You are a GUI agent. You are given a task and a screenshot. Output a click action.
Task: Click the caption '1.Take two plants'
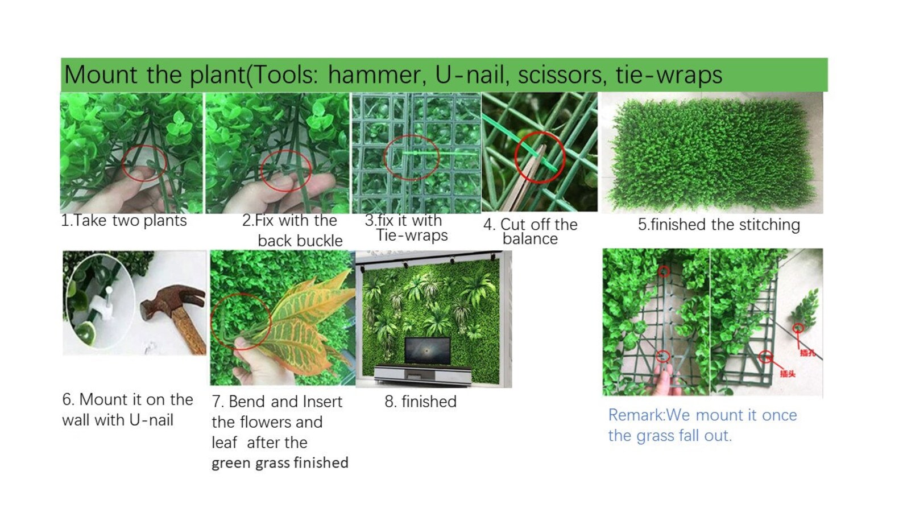124,221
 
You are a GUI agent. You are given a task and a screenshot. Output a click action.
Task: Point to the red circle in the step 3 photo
411,157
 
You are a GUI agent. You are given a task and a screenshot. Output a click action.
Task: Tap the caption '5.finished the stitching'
719,225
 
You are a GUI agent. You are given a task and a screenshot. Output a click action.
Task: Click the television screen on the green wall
428,352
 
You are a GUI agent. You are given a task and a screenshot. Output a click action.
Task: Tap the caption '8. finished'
420,402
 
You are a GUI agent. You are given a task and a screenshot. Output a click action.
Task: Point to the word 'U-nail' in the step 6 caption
151,420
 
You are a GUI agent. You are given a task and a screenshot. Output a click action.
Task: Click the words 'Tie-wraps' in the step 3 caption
412,236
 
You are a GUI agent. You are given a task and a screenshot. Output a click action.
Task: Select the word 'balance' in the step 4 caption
530,239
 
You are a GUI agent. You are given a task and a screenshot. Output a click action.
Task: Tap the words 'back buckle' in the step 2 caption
300,241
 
